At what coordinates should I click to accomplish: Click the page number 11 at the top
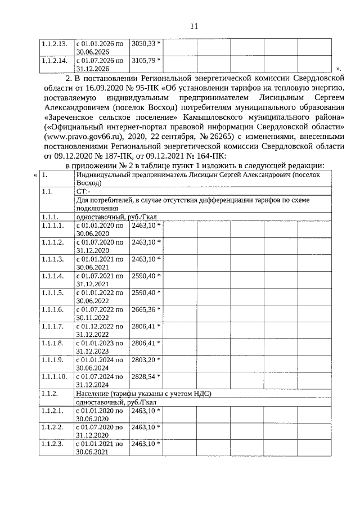(x=194, y=26)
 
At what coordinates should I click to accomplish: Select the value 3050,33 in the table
(x=144, y=43)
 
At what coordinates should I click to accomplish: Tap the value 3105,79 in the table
(x=144, y=60)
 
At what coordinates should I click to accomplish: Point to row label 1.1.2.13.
(x=55, y=43)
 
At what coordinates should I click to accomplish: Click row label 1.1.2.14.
(x=55, y=60)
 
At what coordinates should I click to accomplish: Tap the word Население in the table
(x=93, y=394)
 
